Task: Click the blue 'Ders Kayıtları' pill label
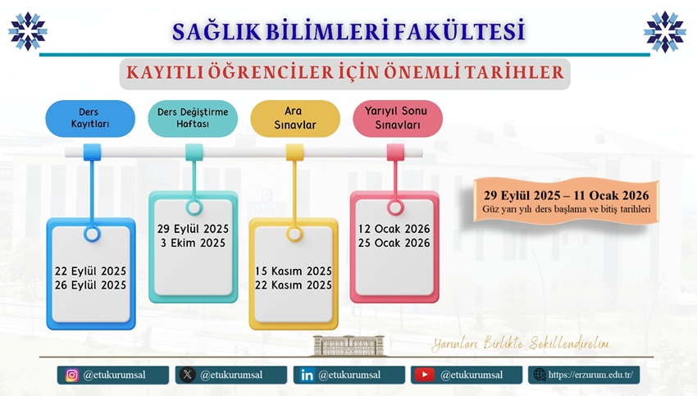[x=90, y=118]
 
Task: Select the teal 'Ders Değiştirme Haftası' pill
[x=193, y=118]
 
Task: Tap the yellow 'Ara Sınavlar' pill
[x=295, y=118]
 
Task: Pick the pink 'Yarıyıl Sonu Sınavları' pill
[x=398, y=118]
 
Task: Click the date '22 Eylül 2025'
[x=91, y=271]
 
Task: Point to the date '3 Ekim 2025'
[x=193, y=244]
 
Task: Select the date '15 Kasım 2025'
[x=294, y=271]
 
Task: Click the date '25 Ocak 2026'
[x=394, y=244]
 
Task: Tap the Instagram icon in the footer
[x=71, y=376]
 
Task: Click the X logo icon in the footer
[x=188, y=376]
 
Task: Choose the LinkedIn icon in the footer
[x=307, y=376]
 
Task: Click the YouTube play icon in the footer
[x=425, y=376]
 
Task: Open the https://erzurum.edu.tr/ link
[x=590, y=375]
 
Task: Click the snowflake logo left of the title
[x=28, y=31]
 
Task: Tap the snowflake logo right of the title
[x=665, y=31]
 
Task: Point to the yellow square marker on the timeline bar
[x=294, y=152]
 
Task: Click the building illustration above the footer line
[x=348, y=346]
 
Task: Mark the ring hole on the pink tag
[x=395, y=207]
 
